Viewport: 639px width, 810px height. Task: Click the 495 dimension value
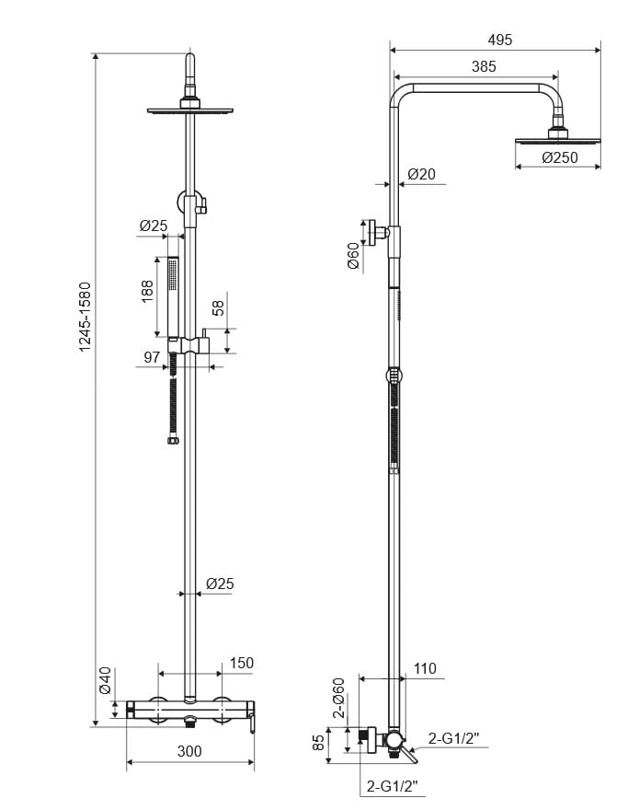(500, 40)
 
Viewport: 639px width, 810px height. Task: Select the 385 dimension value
(484, 66)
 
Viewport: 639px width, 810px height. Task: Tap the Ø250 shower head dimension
(560, 157)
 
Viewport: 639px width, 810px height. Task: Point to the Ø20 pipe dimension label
(421, 174)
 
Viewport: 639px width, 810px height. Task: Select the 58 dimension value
(219, 307)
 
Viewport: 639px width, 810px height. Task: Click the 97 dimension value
(152, 356)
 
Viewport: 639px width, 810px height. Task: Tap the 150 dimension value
(241, 663)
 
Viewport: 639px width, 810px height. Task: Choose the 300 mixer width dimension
(188, 751)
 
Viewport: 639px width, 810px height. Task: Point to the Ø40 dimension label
(105, 679)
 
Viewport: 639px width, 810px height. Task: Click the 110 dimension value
(425, 669)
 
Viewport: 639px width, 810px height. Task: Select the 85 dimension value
(319, 742)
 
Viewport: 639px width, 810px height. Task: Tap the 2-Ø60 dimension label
(339, 698)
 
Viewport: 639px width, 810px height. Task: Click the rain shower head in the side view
(557, 140)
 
